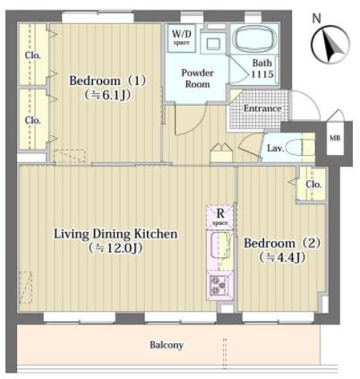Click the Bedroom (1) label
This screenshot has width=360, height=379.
pos(107,81)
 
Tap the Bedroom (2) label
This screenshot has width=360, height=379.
pos(282,243)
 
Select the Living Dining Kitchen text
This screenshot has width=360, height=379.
pos(116,234)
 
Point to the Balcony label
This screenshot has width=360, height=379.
pos(167,345)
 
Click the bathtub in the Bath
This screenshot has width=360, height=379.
pos(254,39)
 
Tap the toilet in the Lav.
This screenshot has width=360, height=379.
pos(299,147)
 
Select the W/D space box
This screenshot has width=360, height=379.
pos(181,38)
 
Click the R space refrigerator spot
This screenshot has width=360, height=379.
pos(220,217)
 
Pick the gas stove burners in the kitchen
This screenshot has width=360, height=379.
pos(219,285)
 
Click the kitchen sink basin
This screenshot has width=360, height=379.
pos(220,245)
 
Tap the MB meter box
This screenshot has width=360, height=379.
pos(335,138)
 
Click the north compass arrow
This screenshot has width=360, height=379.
pos(331,45)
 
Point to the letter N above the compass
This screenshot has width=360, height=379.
pos(316,19)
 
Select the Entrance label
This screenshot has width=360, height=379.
pos(262,108)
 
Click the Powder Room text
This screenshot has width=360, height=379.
pos(197,79)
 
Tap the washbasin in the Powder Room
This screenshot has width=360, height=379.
pos(214,44)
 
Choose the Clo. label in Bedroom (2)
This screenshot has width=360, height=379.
pos(313,185)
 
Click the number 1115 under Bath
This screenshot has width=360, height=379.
pos(262,73)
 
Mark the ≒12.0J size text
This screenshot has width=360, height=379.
pos(116,248)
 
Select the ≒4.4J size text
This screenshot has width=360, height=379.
pos(282,257)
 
